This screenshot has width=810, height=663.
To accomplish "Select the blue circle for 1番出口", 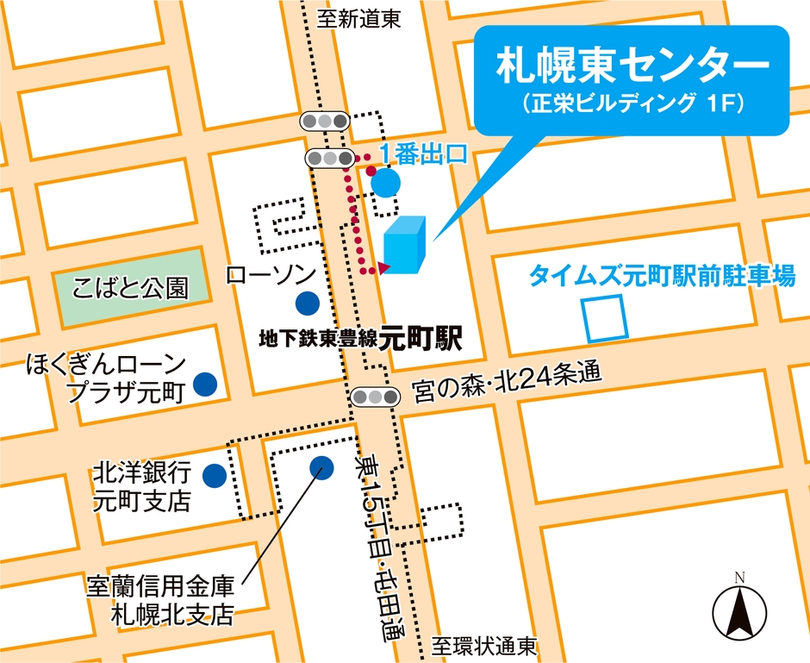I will pyautogui.click(x=385, y=182).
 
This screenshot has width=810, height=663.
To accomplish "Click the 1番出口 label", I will pyautogui.click(x=423, y=155).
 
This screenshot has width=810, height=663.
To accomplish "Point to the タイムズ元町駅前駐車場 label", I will pyautogui.click(x=661, y=277).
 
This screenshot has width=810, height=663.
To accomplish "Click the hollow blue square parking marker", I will pyautogui.click(x=603, y=317).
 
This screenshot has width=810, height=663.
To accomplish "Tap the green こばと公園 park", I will pyautogui.click(x=132, y=286).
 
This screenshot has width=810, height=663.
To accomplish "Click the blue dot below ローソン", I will pyautogui.click(x=306, y=303).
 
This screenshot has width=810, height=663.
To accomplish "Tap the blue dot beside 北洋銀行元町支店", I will pyautogui.click(x=214, y=474).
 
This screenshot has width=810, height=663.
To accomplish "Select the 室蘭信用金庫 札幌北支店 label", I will pyautogui.click(x=160, y=600).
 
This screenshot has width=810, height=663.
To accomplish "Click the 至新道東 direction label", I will pyautogui.click(x=358, y=19).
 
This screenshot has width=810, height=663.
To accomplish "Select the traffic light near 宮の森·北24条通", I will pyautogui.click(x=376, y=397).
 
